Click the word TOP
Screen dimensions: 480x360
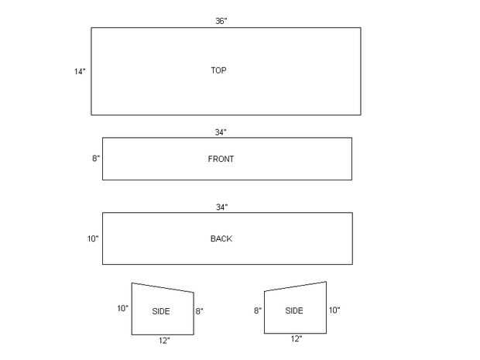click(218, 70)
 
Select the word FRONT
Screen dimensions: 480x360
click(221, 159)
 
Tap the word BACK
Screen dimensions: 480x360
click(221, 238)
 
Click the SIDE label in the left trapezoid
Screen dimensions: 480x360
click(161, 310)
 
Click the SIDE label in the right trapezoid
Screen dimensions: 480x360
click(294, 310)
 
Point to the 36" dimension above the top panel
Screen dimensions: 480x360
click(221, 21)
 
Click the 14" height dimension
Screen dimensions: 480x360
click(80, 71)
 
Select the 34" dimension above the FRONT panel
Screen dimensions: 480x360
click(221, 132)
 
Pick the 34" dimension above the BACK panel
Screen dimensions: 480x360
click(221, 207)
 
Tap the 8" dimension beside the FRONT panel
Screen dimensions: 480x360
click(96, 159)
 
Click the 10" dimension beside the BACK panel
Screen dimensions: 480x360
click(93, 238)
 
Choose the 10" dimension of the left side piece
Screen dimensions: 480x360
click(122, 308)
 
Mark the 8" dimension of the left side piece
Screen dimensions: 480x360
click(199, 310)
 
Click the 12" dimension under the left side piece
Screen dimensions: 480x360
click(163, 340)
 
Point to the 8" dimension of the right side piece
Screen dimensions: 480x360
click(258, 310)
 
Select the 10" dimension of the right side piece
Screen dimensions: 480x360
click(334, 310)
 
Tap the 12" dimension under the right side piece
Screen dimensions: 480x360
click(297, 339)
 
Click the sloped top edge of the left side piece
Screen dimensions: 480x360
click(163, 287)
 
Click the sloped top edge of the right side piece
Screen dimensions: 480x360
click(295, 286)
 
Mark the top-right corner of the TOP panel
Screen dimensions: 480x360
click(360, 28)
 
